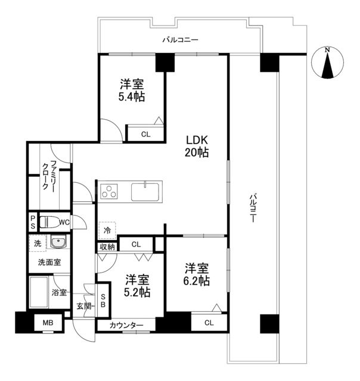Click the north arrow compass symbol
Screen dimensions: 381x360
coord(327,63)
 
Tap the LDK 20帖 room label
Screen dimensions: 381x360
coord(196,146)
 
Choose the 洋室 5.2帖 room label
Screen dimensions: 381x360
coord(136,285)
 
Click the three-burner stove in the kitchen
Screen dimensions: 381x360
coord(110,191)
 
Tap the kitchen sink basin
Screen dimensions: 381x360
coord(145,192)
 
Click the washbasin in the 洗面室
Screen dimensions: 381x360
coord(58,242)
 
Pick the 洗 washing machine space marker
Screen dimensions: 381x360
coord(38,243)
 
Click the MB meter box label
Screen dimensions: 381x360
coord(47,324)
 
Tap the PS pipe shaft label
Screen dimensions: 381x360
coord(33,223)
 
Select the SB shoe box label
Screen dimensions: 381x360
coord(104,300)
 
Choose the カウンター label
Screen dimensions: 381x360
coord(127,326)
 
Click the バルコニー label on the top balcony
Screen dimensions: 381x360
coord(181,40)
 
